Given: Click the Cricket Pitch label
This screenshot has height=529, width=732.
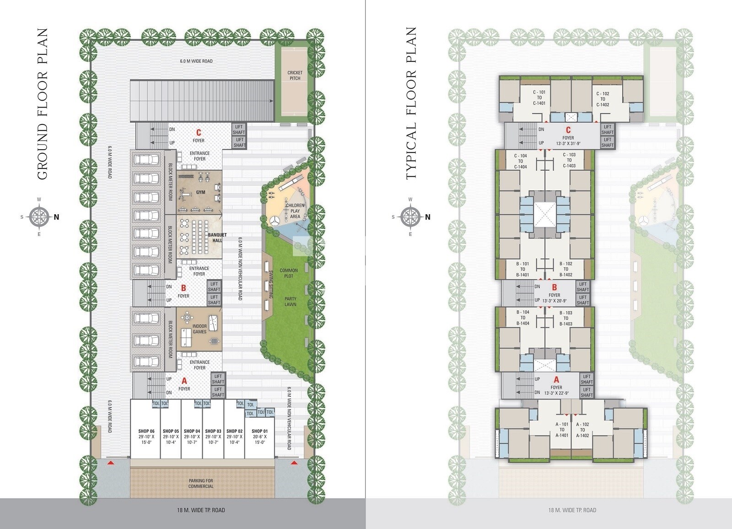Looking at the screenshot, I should coord(295,76).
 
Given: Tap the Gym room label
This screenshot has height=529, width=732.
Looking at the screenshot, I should coord(200,193).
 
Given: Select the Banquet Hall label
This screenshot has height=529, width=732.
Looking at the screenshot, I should coord(215,238).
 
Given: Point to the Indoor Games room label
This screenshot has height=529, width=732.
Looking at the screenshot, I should coord(199,329).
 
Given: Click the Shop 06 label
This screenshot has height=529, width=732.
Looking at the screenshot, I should coord(146,431).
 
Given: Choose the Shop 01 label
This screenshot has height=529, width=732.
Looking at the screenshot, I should coord(259,431).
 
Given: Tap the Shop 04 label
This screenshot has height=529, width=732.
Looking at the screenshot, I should coord(192,431).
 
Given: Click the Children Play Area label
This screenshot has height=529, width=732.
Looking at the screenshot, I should coord(295,211).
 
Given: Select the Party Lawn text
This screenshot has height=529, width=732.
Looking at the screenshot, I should coord(290,302).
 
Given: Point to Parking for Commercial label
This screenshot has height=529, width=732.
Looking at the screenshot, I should coord(201,483).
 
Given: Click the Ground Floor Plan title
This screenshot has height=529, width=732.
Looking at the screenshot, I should coord(42,104).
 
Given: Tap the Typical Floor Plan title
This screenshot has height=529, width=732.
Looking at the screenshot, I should coord(411,103).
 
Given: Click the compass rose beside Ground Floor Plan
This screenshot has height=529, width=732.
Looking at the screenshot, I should coord(40,217).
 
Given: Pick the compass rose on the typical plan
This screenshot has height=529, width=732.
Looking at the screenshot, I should coord(410,217).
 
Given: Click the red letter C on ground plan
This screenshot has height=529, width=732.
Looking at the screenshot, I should coord(199,133).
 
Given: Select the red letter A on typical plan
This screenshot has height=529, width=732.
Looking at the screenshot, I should coord(556,380).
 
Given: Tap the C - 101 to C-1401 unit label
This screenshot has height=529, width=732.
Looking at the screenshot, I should coord(539,97).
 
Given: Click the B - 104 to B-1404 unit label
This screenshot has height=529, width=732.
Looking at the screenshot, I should coord(523,318).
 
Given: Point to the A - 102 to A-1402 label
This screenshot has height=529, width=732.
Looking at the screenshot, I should coord(582,430).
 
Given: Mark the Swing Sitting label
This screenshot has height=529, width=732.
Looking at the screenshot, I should coord(271,285).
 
